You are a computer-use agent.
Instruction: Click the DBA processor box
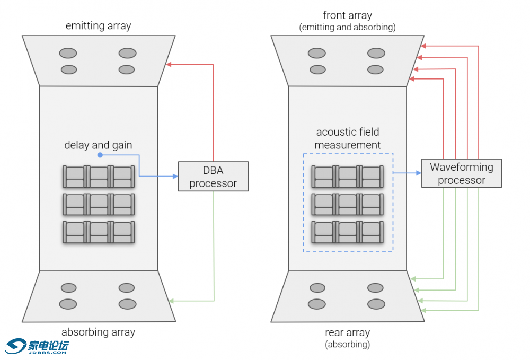(x=213, y=177)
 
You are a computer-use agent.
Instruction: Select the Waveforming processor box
(x=461, y=173)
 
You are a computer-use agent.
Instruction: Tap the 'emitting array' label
(x=98, y=25)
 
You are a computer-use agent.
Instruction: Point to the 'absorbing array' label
(x=98, y=332)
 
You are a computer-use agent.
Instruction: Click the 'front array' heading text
(x=347, y=15)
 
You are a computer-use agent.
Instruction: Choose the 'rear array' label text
(x=347, y=332)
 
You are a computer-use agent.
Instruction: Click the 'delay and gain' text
(x=98, y=145)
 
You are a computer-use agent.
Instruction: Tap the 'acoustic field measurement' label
(x=347, y=138)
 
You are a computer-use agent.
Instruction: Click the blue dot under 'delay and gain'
(x=100, y=155)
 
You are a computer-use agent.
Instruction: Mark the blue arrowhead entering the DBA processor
(x=175, y=177)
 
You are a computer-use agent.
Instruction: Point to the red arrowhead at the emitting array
(x=169, y=65)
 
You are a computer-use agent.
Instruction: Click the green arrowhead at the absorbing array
(x=171, y=301)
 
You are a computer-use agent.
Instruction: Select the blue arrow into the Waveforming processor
(x=406, y=173)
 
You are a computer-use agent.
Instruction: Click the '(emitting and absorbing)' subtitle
(x=347, y=27)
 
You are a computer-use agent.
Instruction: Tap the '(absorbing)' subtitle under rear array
(x=347, y=345)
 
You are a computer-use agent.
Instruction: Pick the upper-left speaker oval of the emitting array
(x=68, y=53)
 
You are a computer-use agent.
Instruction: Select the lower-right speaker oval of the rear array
(x=376, y=304)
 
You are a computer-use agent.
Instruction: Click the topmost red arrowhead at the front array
(x=422, y=46)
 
